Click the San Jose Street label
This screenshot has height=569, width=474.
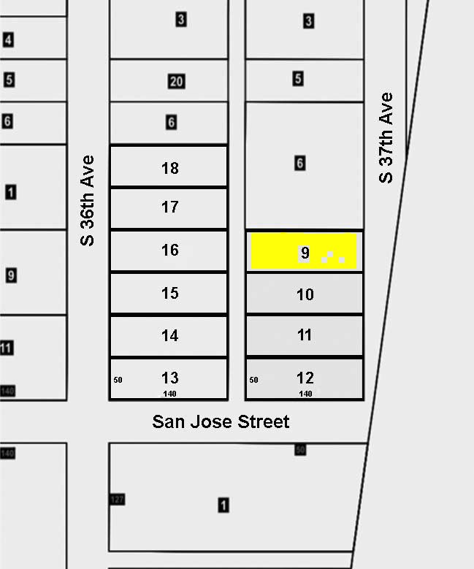tap(221, 422)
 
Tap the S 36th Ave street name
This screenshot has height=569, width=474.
tap(88, 199)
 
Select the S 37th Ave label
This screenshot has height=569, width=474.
tap(386, 138)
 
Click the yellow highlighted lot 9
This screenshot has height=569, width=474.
tap(304, 251)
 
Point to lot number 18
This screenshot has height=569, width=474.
tap(169, 168)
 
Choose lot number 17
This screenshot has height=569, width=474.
tap(169, 207)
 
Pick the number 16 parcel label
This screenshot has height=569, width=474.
tap(169, 251)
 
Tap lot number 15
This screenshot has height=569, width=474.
tap(169, 293)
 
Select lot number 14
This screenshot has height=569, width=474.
tap(169, 335)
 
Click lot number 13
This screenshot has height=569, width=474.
tap(169, 378)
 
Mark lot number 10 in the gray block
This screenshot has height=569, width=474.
tap(305, 294)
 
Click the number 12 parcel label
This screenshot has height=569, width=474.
tap(305, 378)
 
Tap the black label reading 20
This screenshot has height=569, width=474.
tap(176, 81)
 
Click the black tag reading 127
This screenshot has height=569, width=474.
tap(118, 500)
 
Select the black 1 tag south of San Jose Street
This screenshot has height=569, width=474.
tap(223, 505)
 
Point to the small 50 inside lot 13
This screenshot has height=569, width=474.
tap(118, 380)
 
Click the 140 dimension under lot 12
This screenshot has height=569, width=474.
tap(306, 394)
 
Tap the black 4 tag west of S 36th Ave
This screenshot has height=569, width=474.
tap(8, 40)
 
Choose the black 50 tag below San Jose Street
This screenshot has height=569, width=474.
tap(300, 449)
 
